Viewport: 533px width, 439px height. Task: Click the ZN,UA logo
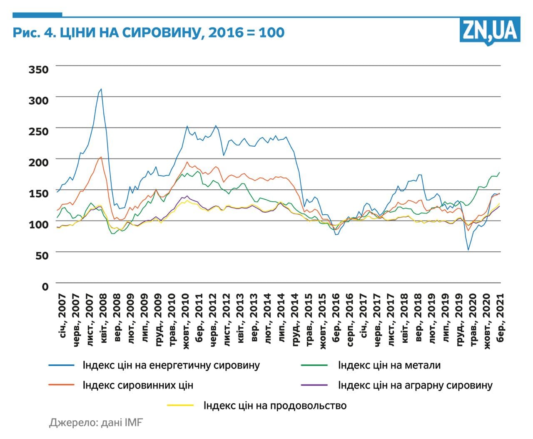coord(490,30)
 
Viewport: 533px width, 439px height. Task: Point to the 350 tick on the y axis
coord(38,69)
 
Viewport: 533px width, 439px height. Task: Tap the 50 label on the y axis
coord(42,255)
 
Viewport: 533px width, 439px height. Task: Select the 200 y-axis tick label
coord(38,162)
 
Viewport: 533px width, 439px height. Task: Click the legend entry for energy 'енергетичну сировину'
coord(171,365)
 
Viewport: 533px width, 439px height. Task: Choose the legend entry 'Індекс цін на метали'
coord(389,365)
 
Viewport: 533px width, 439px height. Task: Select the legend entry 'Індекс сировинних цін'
coord(138,385)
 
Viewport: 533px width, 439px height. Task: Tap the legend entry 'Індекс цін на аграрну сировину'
coord(415,385)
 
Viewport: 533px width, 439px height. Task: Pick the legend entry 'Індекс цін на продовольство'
coord(275,405)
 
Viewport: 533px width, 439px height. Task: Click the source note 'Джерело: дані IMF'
coord(96,422)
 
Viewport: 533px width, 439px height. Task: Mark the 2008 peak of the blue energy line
coord(101,89)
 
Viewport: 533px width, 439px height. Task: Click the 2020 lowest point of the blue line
coord(468,250)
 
